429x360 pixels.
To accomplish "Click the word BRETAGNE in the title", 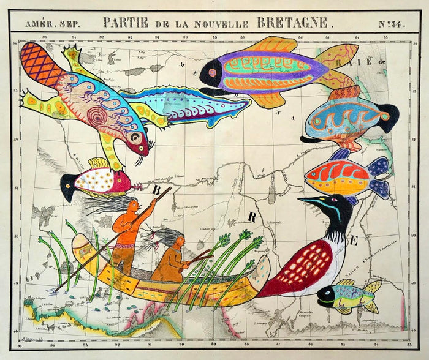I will (292, 23).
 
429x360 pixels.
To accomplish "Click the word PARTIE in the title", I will (125, 23).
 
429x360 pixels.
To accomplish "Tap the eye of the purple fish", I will (212, 73).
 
